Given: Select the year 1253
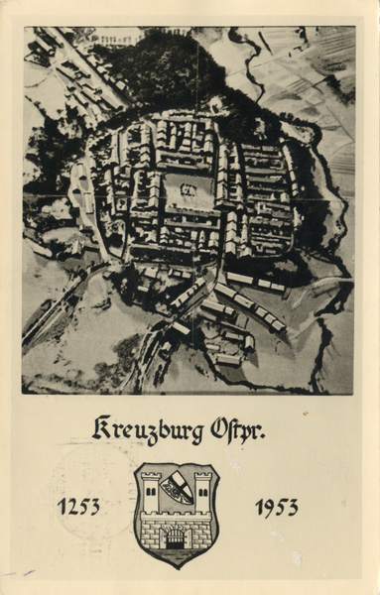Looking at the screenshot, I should tap(78, 507).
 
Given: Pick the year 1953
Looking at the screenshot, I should tap(276, 507).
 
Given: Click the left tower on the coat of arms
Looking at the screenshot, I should tap(151, 493).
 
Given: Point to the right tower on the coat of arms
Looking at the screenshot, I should tap(202, 493).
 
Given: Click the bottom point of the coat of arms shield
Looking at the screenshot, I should tap(177, 566).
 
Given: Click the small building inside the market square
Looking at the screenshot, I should tap(188, 189).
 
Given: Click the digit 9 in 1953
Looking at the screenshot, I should tap(268, 507).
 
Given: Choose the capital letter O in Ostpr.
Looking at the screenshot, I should tap(220, 429).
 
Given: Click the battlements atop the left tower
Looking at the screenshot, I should tap(151, 477).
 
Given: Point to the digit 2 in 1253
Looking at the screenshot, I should tap(71, 507).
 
